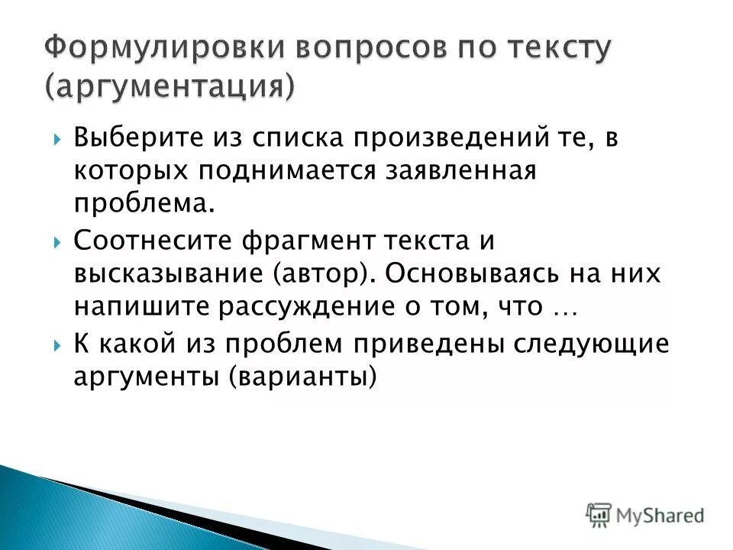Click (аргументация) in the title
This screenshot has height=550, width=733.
(x=168, y=85)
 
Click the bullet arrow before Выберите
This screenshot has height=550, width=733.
(x=59, y=140)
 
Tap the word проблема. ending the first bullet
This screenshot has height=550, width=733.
(x=140, y=204)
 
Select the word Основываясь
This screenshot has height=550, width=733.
(x=467, y=273)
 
